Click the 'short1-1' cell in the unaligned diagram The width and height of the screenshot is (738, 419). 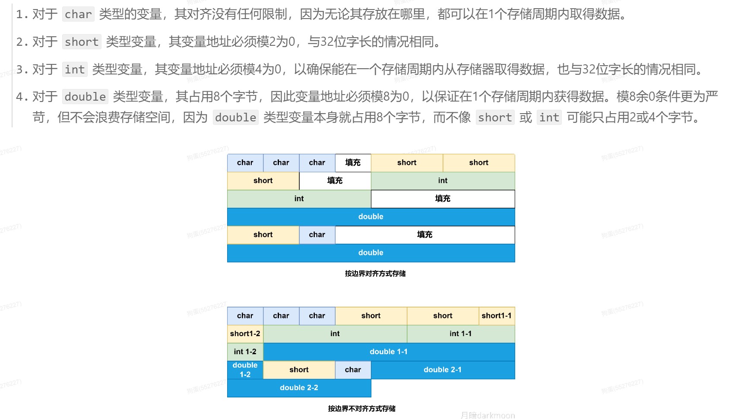(x=497, y=316)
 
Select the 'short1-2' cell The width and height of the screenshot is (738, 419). (x=245, y=333)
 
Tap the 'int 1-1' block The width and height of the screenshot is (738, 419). (x=460, y=333)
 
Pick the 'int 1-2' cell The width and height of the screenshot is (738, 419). (x=245, y=352)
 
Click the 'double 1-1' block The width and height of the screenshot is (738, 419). (x=389, y=352)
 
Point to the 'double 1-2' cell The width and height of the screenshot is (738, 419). (x=245, y=370)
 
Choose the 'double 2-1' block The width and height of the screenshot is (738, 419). (x=443, y=370)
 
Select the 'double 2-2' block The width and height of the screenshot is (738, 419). (x=299, y=388)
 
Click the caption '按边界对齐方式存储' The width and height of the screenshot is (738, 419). (x=375, y=273)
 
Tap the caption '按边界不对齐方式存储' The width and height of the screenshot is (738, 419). (x=362, y=409)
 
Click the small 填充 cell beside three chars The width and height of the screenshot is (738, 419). (x=353, y=162)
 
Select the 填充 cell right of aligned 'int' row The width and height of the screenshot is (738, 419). (x=443, y=199)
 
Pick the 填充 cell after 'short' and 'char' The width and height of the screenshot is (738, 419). (x=424, y=235)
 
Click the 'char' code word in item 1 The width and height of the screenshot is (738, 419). (x=78, y=14)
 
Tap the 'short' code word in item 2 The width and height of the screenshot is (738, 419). (x=82, y=42)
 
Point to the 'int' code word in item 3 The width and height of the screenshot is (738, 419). (x=75, y=69)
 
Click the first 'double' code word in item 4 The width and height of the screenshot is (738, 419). (x=85, y=97)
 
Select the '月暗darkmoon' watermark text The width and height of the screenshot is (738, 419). (x=488, y=415)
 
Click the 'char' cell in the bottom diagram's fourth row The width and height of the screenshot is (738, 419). (x=353, y=370)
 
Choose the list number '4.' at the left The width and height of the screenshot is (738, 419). (x=22, y=97)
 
